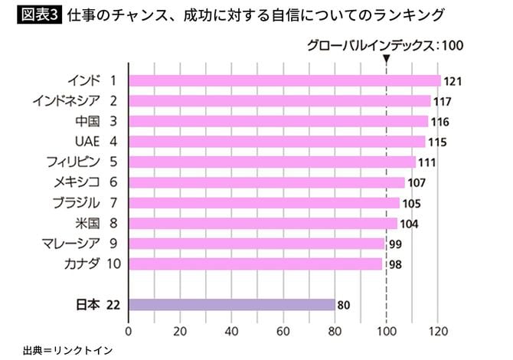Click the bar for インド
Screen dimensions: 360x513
[284, 80]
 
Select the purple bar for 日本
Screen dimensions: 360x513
[232, 305]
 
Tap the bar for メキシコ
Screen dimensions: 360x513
[266, 182]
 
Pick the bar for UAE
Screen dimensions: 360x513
[276, 142]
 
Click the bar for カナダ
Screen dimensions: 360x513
[255, 264]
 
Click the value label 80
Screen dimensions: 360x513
[344, 306]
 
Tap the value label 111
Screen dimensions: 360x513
[427, 162]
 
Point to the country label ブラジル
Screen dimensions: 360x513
[78, 203]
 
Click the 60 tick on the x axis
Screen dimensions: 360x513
[283, 332]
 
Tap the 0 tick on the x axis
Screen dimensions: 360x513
[129, 332]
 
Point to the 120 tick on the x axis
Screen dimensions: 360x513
[438, 332]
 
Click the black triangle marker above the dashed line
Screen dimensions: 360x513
[387, 59]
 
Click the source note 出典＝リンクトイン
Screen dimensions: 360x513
[67, 349]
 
